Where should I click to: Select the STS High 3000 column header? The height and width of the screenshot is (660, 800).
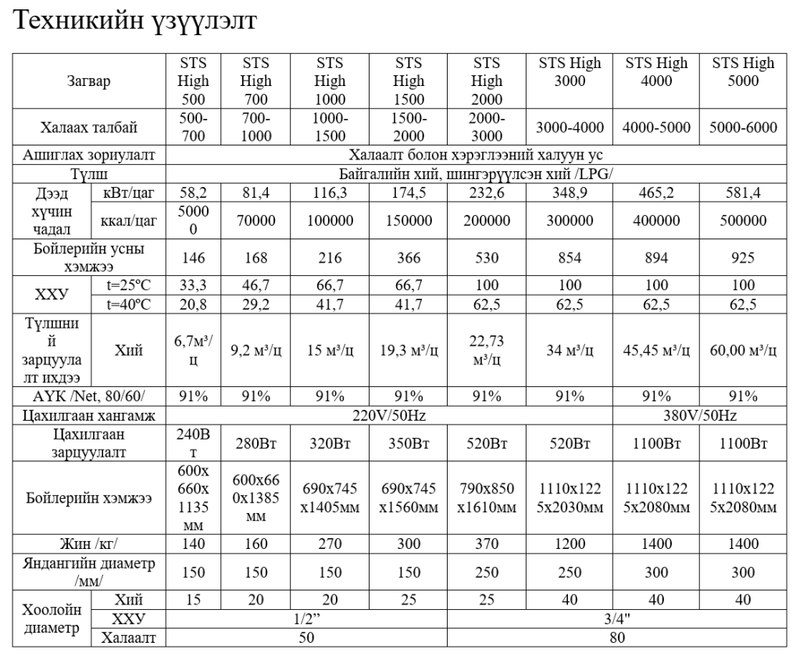tap(570, 72)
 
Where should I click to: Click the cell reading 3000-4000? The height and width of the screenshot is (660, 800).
tap(570, 127)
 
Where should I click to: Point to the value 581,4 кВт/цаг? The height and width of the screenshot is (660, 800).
tap(743, 192)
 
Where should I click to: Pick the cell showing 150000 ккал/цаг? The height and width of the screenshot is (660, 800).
tap(409, 221)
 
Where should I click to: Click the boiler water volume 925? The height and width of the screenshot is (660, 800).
tap(743, 257)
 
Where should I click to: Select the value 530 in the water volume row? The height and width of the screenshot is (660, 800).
tap(487, 257)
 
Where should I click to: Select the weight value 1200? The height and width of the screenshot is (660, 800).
tap(570, 543)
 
